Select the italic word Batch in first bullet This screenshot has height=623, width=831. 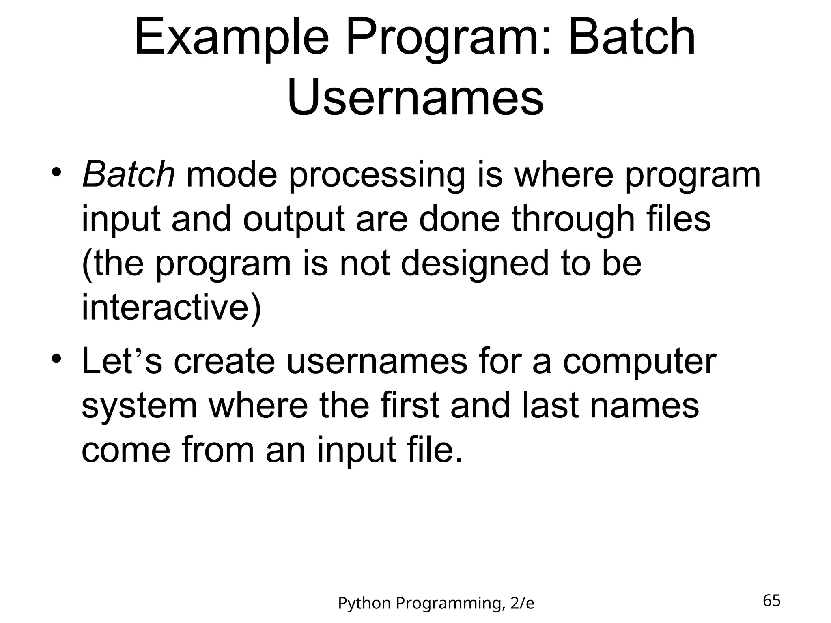click(129, 175)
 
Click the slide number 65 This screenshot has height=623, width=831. click(771, 600)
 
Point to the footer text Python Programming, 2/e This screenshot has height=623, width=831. click(436, 603)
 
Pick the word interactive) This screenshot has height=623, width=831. click(171, 307)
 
